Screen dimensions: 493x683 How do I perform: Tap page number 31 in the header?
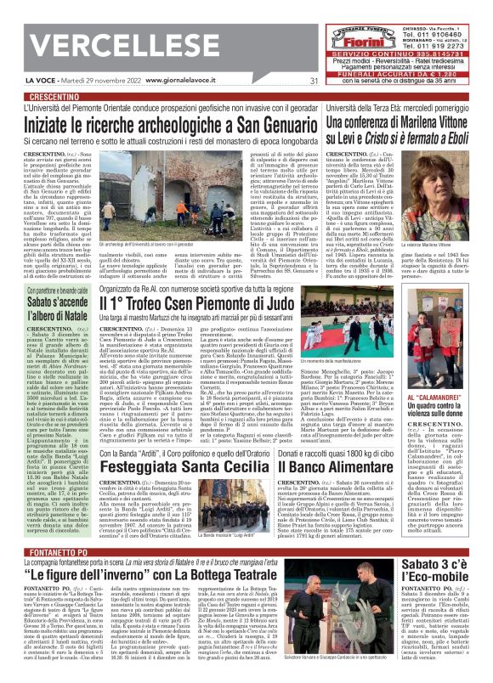coord(314,81)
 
